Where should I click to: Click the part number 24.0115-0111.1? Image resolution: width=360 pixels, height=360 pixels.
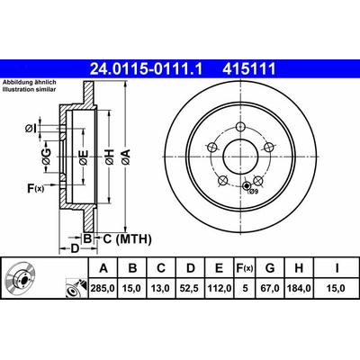[x=146, y=69]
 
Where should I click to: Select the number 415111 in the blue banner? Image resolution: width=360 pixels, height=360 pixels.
[x=248, y=69]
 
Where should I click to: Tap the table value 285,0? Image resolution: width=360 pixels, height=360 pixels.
[x=103, y=288]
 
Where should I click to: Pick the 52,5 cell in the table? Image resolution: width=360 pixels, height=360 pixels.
[x=191, y=288]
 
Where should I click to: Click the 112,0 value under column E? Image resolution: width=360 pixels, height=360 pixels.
[x=220, y=288]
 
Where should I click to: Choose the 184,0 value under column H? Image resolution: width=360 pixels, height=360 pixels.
[x=299, y=288]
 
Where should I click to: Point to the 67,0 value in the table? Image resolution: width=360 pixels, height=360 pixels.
[x=270, y=288]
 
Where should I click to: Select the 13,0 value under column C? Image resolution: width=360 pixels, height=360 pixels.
[x=161, y=288]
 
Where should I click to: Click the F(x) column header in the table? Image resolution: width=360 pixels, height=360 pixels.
[x=245, y=268]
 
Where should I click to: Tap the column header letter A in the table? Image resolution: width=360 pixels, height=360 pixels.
[x=103, y=268]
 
